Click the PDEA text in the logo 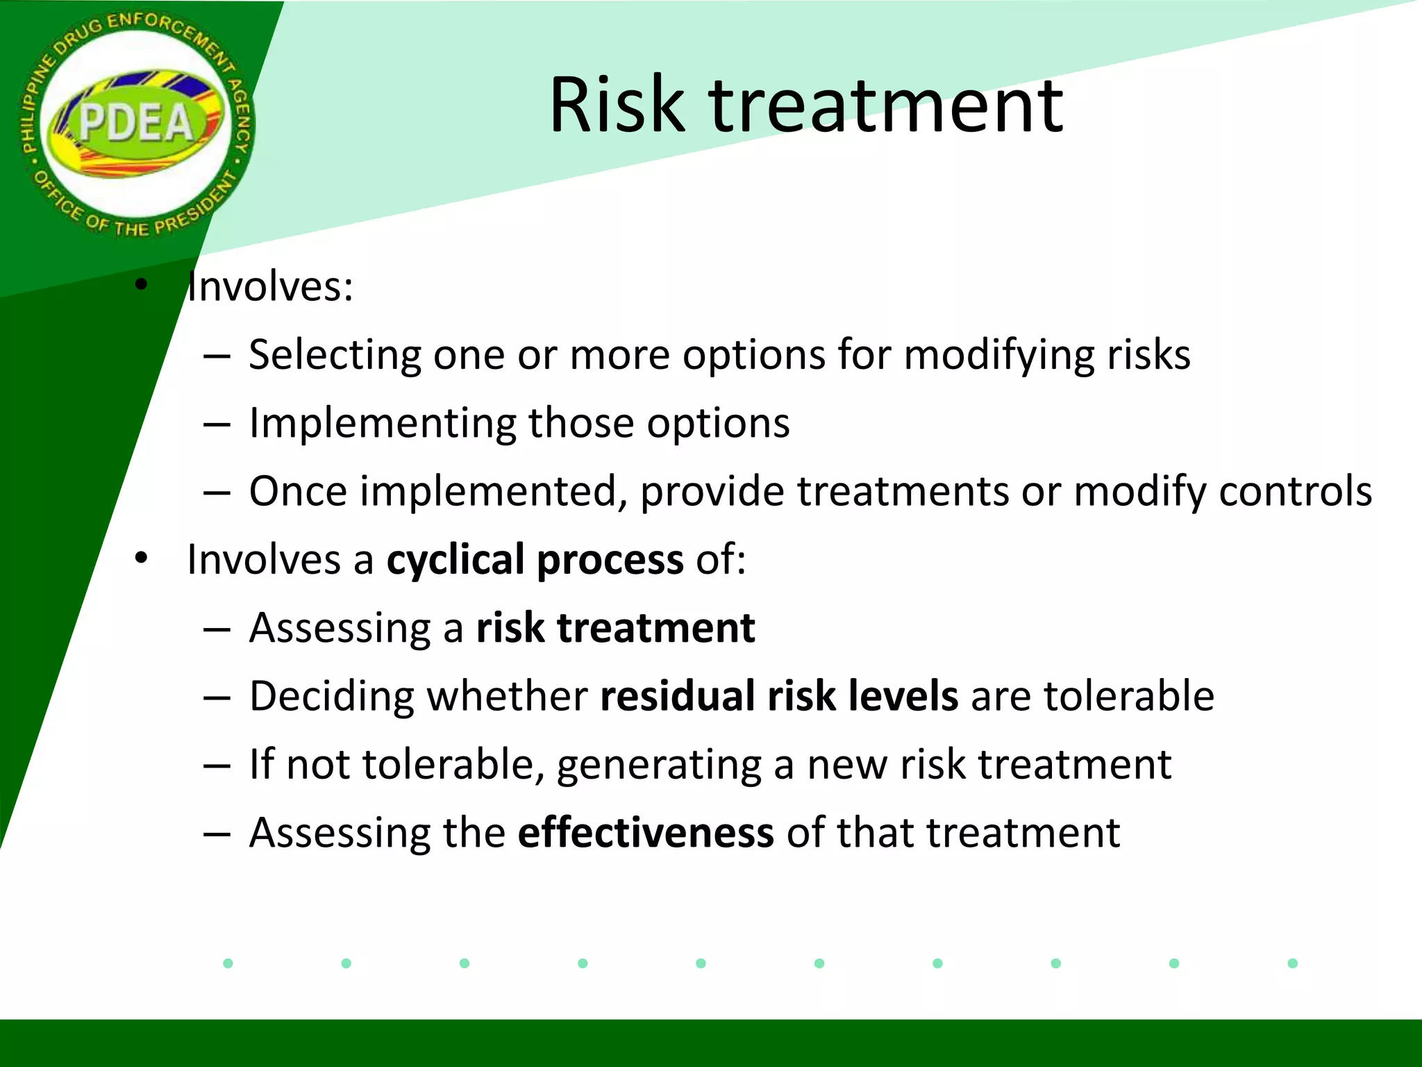coord(136,124)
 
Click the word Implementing coord(383,424)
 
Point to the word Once coord(298,491)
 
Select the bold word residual coord(677,696)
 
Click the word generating coord(658,766)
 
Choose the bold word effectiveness coord(646,832)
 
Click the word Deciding coord(331,696)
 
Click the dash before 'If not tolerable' coord(217,766)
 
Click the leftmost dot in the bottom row coord(228,963)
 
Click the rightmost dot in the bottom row coord(1292,963)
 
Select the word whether coord(507,696)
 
